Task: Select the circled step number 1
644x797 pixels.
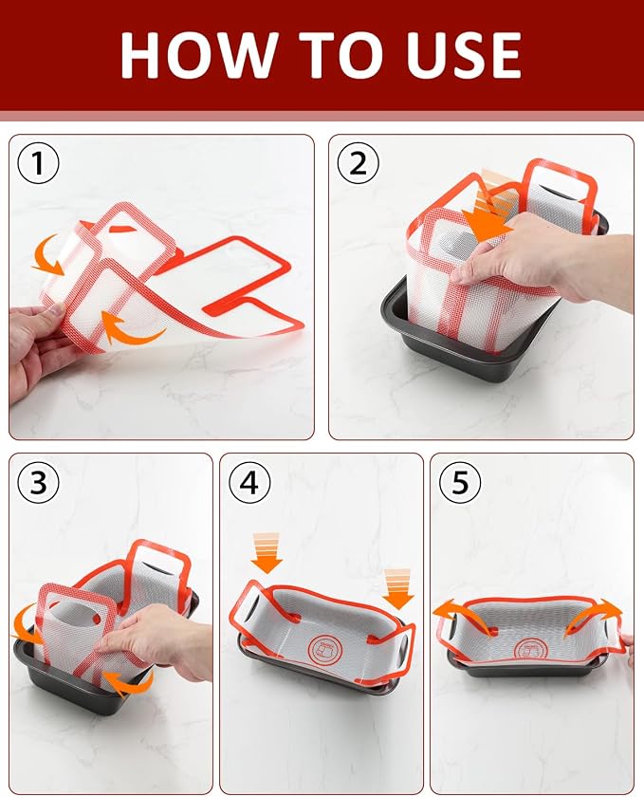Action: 38,163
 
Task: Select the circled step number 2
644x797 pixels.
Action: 359,163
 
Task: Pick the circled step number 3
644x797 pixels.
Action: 38,482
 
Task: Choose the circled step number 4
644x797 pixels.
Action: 248,482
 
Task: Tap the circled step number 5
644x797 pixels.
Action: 459,482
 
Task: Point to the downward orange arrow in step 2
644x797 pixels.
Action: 488,209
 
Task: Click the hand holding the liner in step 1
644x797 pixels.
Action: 36,345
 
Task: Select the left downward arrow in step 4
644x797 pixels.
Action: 267,553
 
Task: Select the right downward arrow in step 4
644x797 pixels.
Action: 398,589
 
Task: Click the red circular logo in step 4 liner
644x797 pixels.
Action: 325,647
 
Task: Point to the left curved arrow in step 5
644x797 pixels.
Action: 468,616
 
